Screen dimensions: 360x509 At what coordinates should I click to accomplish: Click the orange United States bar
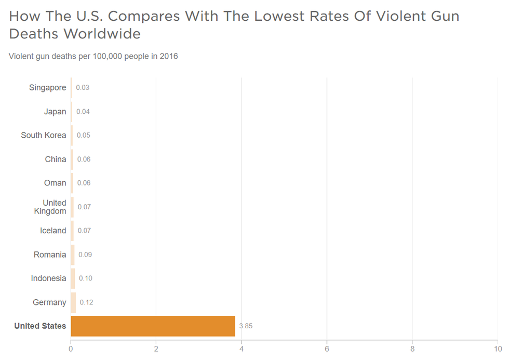coord(153,326)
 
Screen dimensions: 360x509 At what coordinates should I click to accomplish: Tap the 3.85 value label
coord(246,326)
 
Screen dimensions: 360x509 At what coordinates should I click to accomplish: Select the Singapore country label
coord(48,88)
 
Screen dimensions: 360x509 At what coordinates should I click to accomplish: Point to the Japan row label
coord(55,112)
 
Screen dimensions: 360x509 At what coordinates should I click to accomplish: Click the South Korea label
coord(44,136)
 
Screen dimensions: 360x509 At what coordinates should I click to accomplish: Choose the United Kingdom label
coord(50,207)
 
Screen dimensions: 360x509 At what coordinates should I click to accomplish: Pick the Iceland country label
coord(53,231)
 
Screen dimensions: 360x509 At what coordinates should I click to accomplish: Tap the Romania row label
coord(50,255)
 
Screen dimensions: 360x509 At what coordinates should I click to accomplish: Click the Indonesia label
coord(48,278)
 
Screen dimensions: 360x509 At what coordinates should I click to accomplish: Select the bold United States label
coord(40,326)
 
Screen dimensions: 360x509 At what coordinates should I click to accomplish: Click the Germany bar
coord(73,302)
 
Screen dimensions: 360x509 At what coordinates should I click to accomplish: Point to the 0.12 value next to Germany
coord(86,302)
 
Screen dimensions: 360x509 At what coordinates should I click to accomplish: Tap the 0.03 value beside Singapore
coord(83,88)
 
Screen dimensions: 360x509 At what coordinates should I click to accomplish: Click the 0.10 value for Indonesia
coord(86,278)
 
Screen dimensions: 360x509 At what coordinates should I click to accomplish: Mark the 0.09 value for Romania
coord(85,255)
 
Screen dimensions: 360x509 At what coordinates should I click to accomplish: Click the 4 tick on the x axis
coord(242,349)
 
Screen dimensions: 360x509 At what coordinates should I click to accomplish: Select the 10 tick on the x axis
coord(497,349)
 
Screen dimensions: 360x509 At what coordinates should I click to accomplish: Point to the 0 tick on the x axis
coord(71,349)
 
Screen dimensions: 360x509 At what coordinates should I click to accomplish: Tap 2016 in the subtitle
coord(169,56)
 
